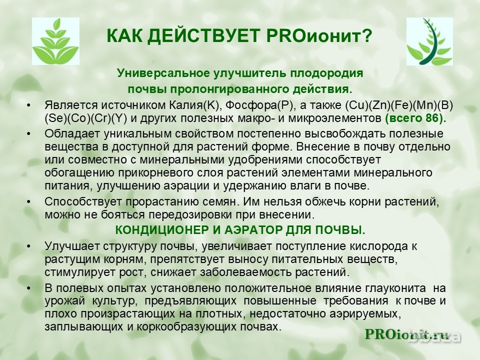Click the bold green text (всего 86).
415,118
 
